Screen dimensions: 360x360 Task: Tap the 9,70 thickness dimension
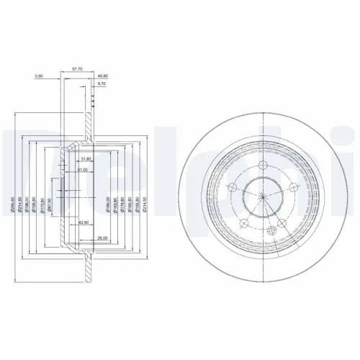tap(102, 85)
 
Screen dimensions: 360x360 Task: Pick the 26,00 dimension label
tap(102, 238)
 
